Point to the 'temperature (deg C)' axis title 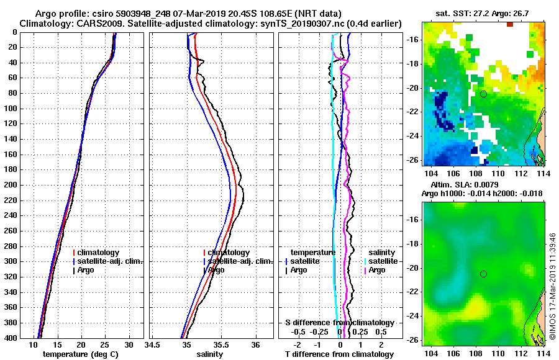(81, 354)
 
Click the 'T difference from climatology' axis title (339, 354)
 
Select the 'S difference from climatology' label (340, 323)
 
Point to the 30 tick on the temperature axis (129, 344)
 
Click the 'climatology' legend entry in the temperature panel (99, 253)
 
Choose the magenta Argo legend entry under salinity (377, 270)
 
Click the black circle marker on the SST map (483, 94)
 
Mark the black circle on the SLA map (483, 274)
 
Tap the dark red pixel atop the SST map (509, 24)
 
